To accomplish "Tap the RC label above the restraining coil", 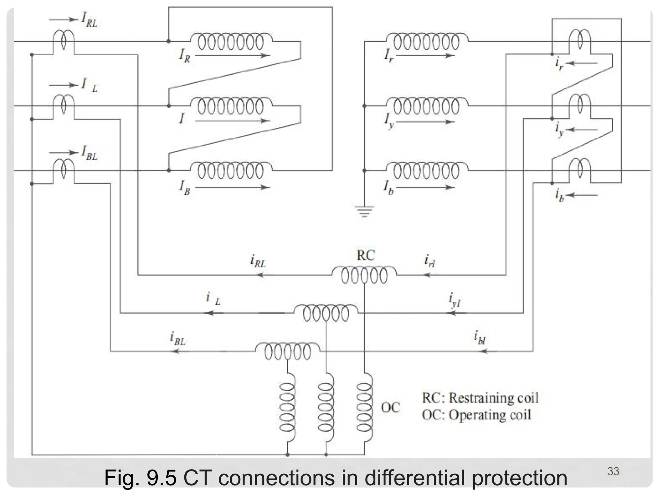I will click(x=366, y=255).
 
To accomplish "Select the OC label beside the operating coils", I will click(x=390, y=407).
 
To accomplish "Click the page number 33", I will click(x=613, y=471).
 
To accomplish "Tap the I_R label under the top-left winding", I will click(x=185, y=56).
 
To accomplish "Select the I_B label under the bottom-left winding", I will click(x=185, y=188).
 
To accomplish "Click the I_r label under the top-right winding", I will click(x=389, y=55).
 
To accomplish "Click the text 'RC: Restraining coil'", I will click(x=480, y=398).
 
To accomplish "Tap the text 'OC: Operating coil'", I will click(x=476, y=415).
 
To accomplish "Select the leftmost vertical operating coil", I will click(x=287, y=407).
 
